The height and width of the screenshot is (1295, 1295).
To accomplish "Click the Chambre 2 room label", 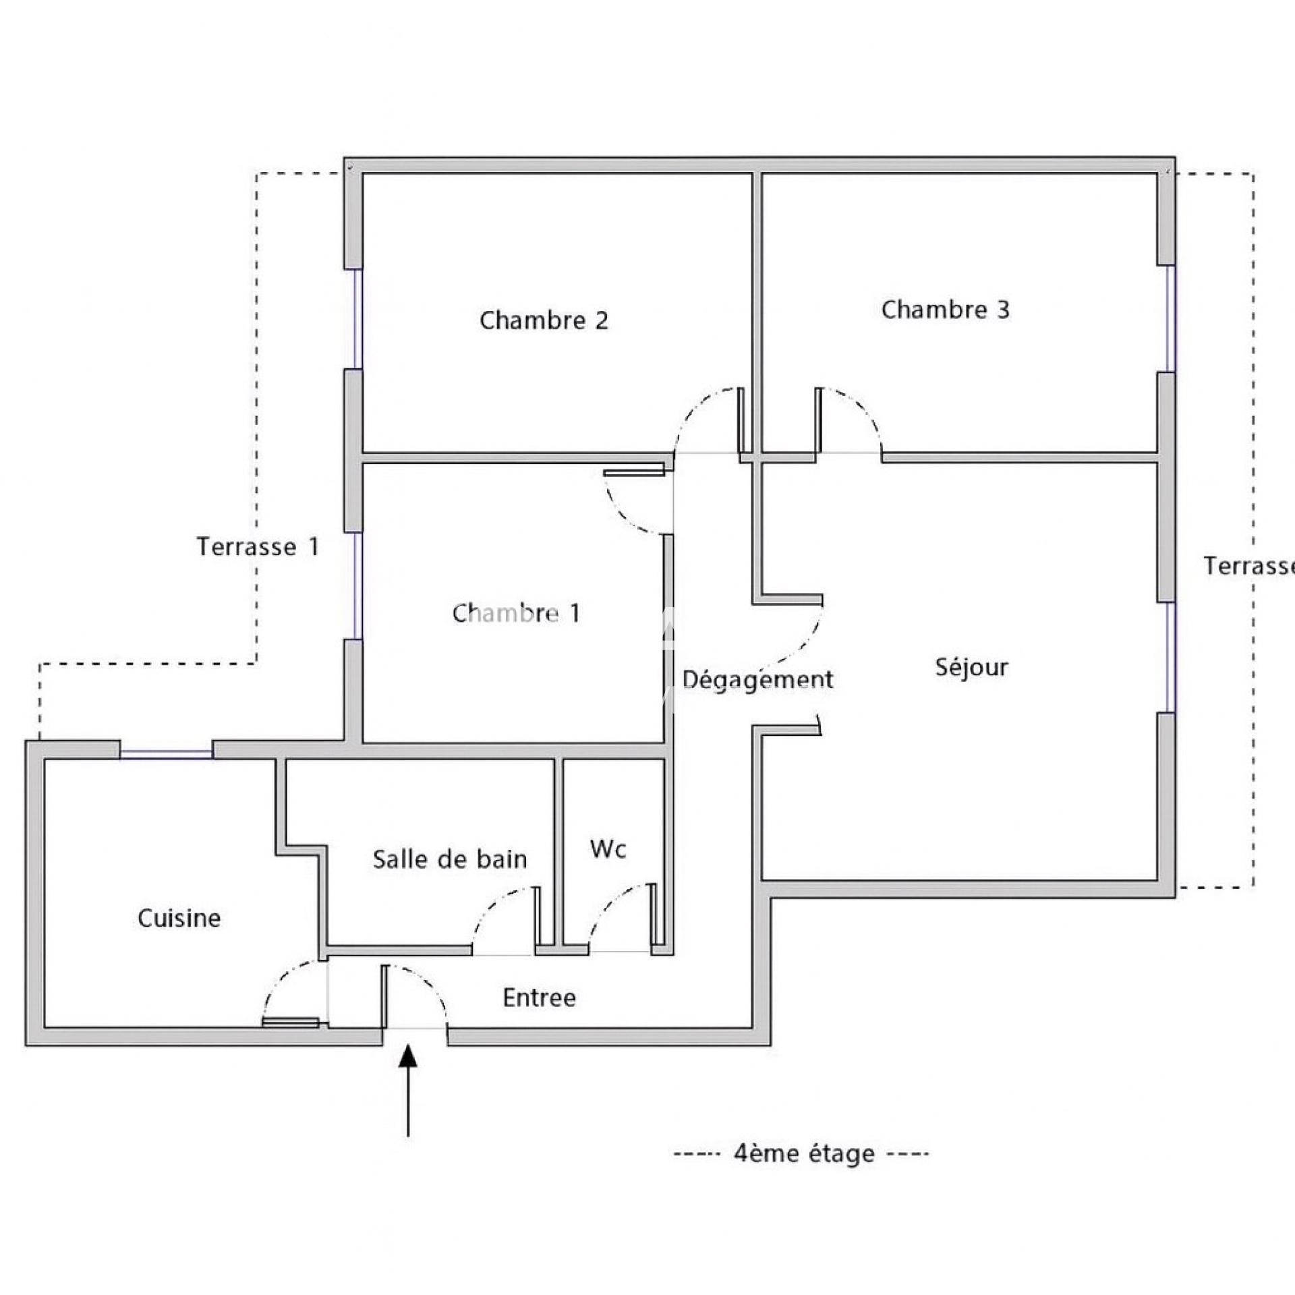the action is coord(544,320).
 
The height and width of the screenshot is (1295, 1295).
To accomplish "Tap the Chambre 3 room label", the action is coord(945,310).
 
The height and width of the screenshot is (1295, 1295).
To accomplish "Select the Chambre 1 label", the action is coord(516,613).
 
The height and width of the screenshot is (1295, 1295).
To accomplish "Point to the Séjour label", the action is coord(971,668).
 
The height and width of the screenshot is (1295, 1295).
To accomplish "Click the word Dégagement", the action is coord(758,680).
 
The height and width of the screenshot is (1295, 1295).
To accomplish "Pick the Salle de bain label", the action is coord(450,859).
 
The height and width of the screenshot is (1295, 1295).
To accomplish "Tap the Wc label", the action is coord(608,849).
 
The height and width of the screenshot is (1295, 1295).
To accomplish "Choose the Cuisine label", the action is coord(179,918).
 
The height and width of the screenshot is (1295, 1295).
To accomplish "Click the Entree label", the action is coord(540,998).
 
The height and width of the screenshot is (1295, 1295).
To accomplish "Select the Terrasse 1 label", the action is coord(258,546).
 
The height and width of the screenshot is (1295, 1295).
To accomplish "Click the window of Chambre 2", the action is coord(358,319).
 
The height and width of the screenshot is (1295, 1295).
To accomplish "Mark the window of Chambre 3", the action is coord(1171,318).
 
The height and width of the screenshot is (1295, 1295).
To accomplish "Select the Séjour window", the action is coord(1171,657).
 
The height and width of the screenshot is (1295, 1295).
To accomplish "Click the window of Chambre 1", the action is coord(358,585).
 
